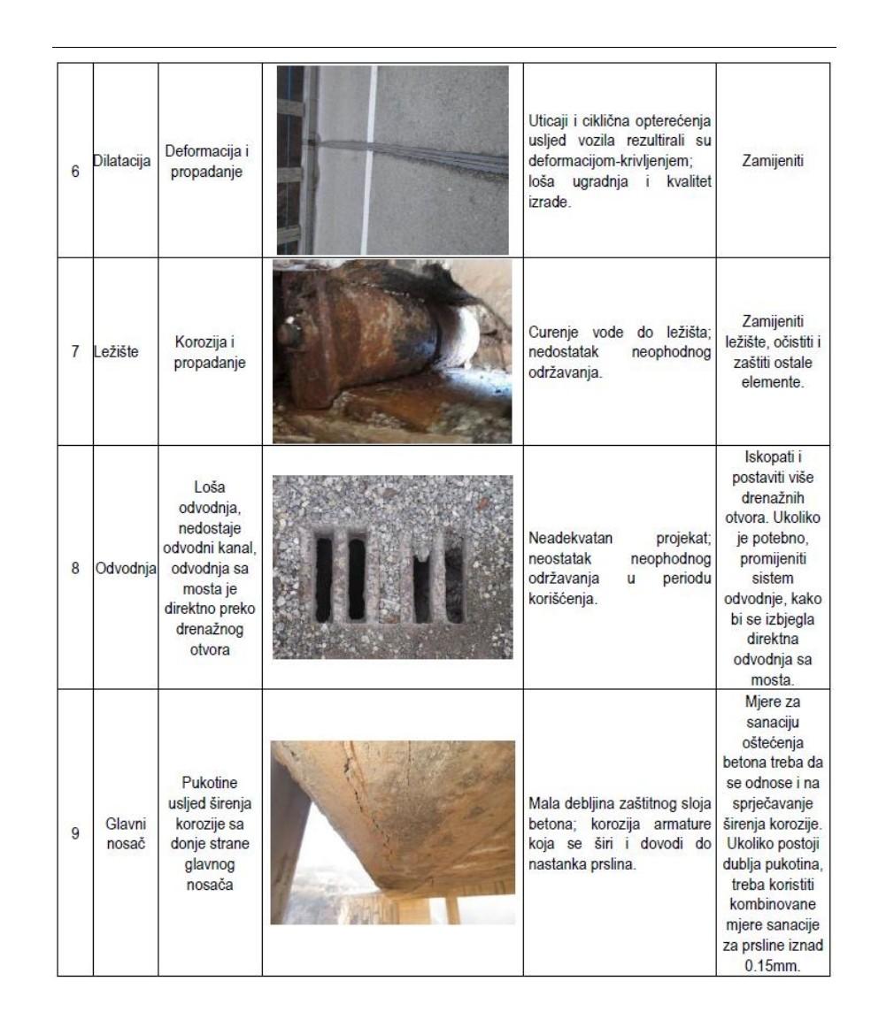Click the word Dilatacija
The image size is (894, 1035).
click(125, 163)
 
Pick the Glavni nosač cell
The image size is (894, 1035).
click(125, 832)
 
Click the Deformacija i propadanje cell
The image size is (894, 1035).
click(210, 163)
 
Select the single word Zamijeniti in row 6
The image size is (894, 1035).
click(773, 163)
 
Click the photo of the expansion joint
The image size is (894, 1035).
click(393, 160)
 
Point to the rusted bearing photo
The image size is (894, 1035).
click(392, 351)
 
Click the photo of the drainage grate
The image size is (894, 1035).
click(392, 567)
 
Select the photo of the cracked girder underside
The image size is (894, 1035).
click(392, 832)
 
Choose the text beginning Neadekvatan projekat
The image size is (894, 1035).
click(620, 567)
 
